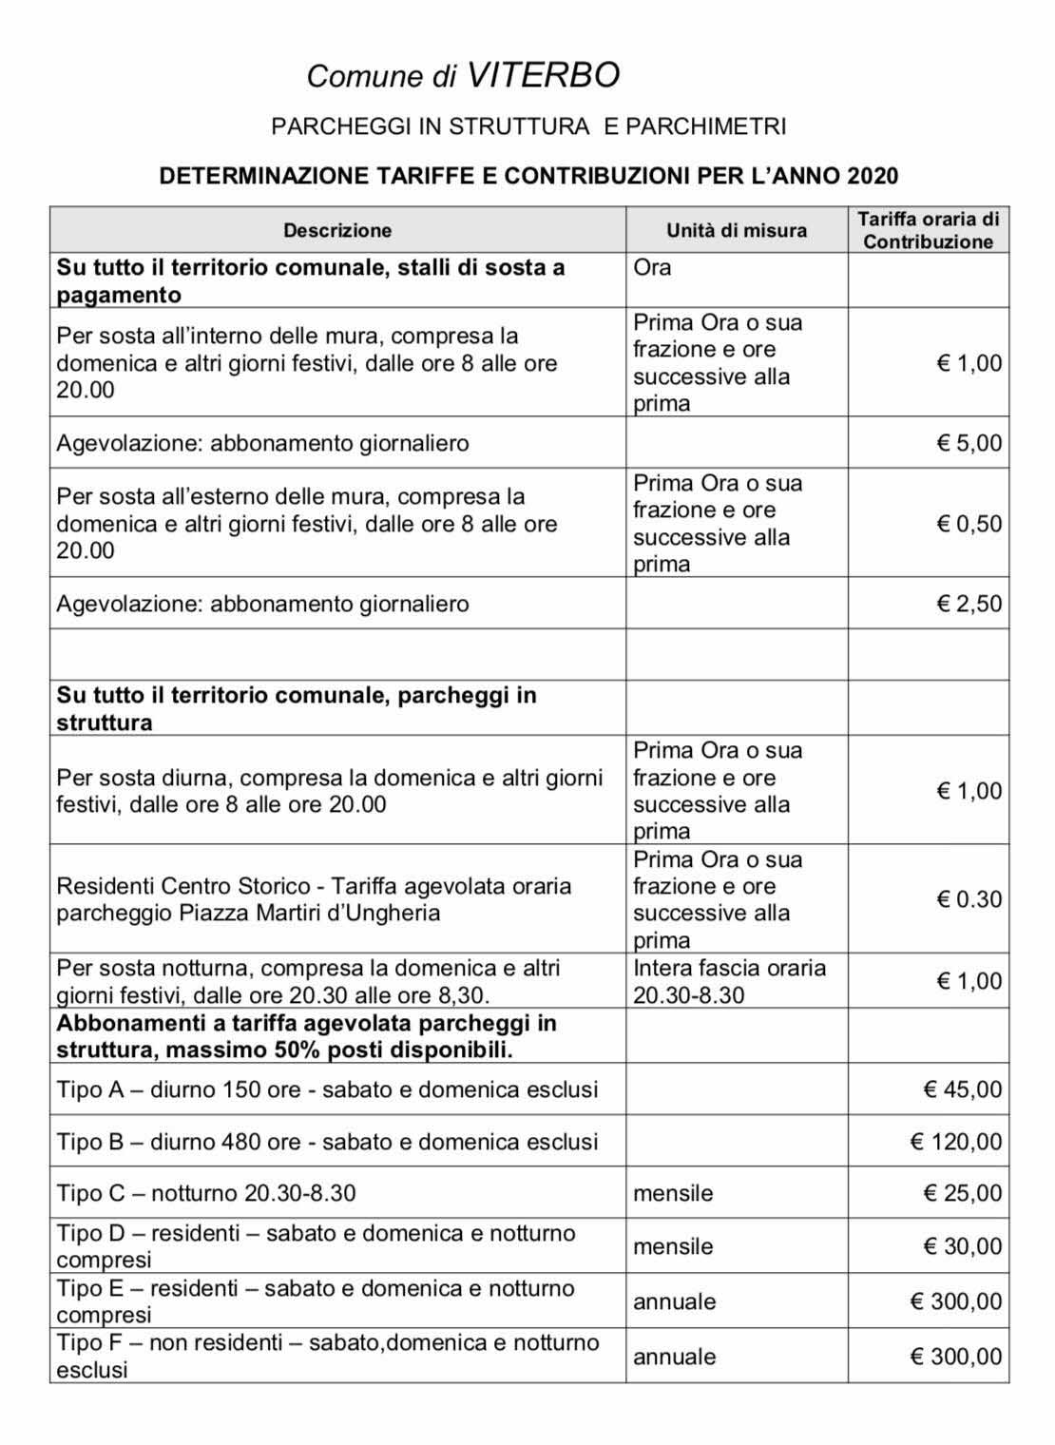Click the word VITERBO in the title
pyautogui.click(x=543, y=75)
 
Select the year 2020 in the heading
pyautogui.click(x=873, y=176)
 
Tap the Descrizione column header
pyautogui.click(x=337, y=230)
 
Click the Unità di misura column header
pyautogui.click(x=736, y=230)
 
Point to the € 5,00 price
pyautogui.click(x=969, y=443)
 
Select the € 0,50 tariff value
pyautogui.click(x=969, y=524)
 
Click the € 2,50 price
pyautogui.click(x=969, y=604)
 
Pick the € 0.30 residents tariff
pyautogui.click(x=969, y=899)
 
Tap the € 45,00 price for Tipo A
pyautogui.click(x=963, y=1089)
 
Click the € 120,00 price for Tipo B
pyautogui.click(x=956, y=1142)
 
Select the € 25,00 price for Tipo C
pyautogui.click(x=963, y=1193)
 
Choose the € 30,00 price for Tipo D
pyautogui.click(x=963, y=1246)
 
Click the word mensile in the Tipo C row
pyautogui.click(x=673, y=1193)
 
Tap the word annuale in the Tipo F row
pyautogui.click(x=675, y=1357)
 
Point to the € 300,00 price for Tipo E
pyautogui.click(x=956, y=1301)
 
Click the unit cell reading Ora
pyautogui.click(x=652, y=267)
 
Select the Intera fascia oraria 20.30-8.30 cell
pyautogui.click(x=729, y=982)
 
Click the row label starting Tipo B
pyautogui.click(x=327, y=1142)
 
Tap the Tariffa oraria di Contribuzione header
pyautogui.click(x=928, y=230)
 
